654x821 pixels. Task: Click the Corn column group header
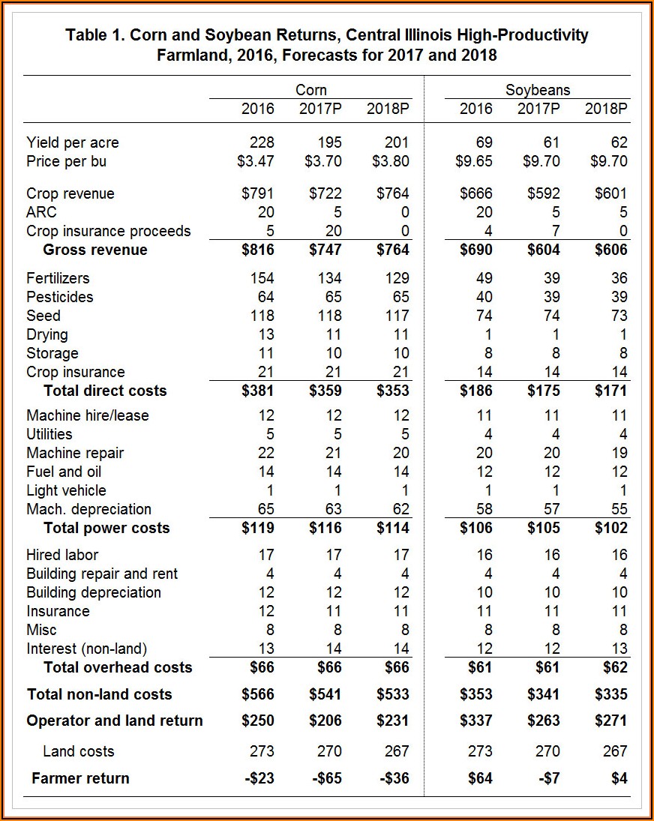310,90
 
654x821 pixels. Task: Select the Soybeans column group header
537,90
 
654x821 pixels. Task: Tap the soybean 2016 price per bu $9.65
475,161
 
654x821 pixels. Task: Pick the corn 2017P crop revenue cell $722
325,193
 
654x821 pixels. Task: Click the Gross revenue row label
95,250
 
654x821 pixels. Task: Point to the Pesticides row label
60,297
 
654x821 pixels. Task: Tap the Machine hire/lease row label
88,415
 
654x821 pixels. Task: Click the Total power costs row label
106,528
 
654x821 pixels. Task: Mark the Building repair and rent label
102,574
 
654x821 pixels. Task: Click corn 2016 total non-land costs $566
257,694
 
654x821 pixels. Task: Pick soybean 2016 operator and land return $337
475,721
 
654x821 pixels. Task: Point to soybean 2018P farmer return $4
619,778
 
